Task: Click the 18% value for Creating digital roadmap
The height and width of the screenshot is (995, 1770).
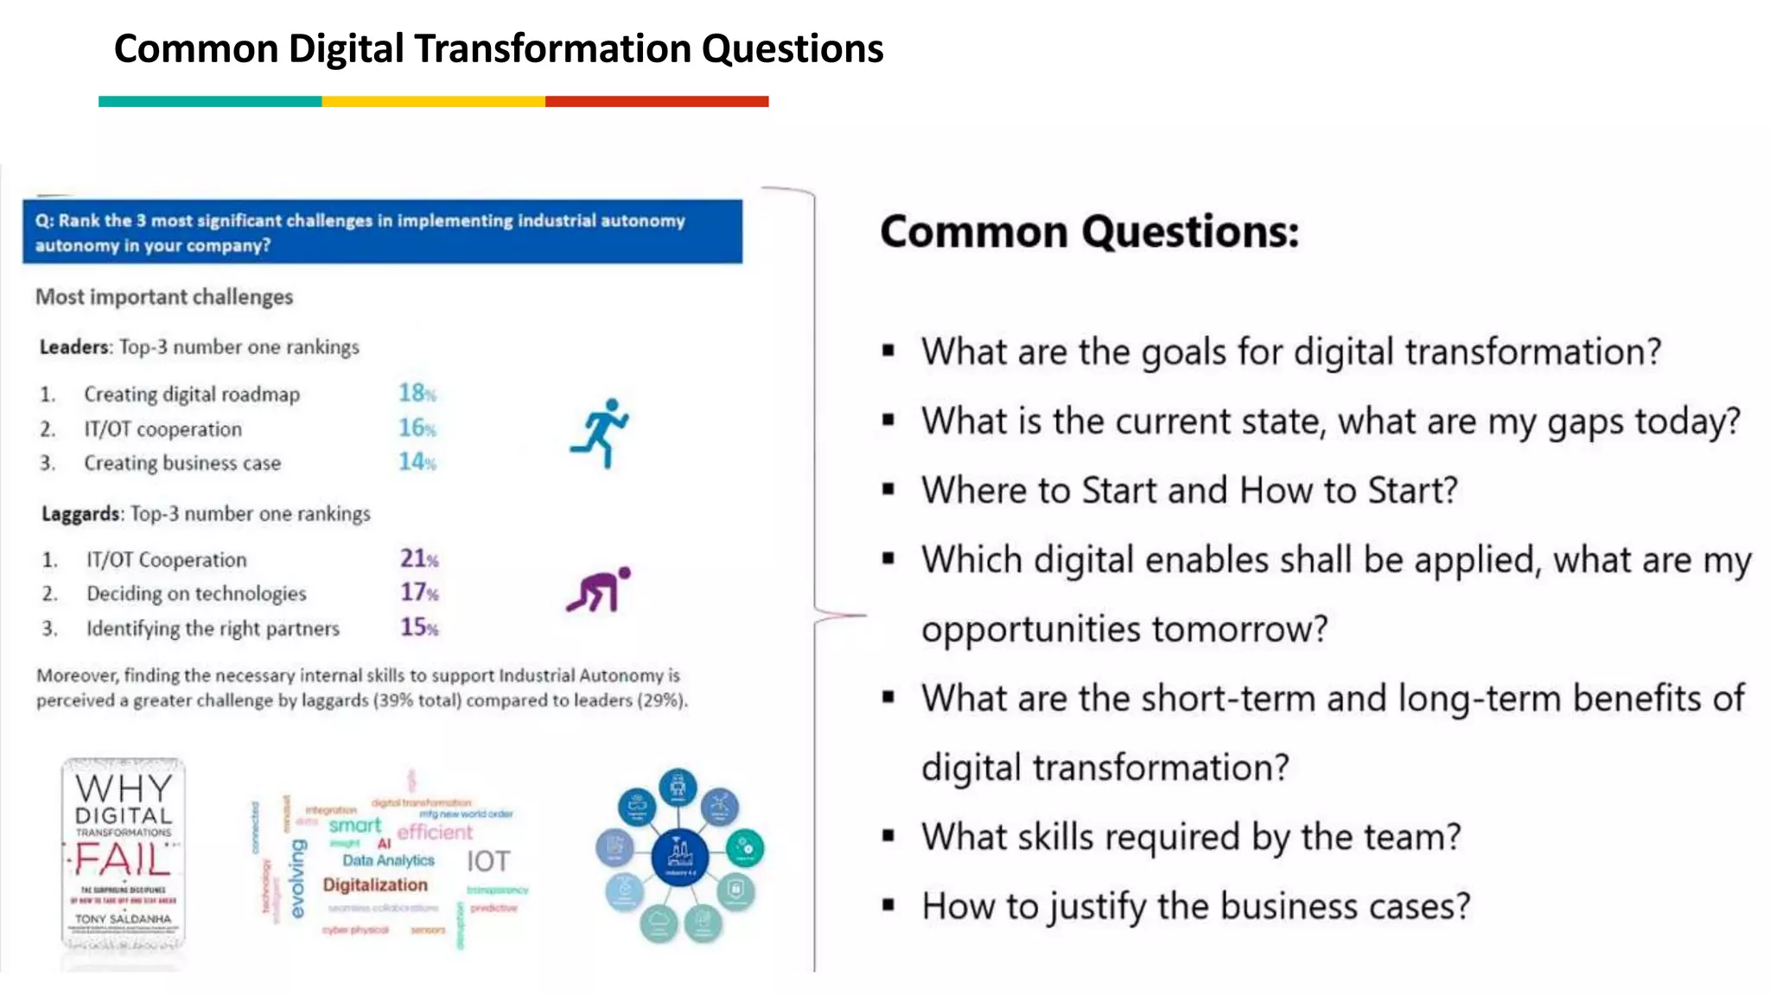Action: click(x=417, y=393)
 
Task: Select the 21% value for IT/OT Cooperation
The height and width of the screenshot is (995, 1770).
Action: click(x=418, y=559)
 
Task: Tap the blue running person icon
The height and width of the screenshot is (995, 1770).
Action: click(x=600, y=433)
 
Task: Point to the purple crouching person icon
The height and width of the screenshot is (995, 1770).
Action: click(x=598, y=590)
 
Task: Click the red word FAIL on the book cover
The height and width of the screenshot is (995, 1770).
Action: click(x=122, y=860)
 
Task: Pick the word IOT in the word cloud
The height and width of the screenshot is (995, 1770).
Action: click(x=488, y=861)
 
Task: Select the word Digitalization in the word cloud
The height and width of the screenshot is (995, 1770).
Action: click(x=375, y=884)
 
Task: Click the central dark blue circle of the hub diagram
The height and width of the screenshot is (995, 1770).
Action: click(x=679, y=856)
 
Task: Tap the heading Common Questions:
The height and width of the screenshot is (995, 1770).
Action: click(x=1089, y=231)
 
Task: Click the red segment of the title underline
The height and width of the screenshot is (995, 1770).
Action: click(x=657, y=102)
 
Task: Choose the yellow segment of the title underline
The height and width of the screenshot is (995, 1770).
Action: click(x=433, y=102)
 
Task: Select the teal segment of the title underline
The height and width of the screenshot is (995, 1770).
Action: click(x=210, y=102)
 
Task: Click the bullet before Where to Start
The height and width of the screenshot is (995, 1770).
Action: click(x=888, y=490)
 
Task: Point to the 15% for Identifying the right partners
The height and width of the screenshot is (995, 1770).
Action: click(x=418, y=627)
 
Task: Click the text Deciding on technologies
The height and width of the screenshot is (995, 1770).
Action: click(x=196, y=593)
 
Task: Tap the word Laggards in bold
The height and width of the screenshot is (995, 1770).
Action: click(x=80, y=514)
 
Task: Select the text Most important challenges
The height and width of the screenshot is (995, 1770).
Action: click(x=164, y=297)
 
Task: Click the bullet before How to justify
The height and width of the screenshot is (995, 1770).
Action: click(x=888, y=906)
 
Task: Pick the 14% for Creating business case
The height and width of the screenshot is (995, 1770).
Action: click(x=417, y=462)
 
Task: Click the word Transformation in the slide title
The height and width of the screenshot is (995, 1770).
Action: click(x=553, y=49)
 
